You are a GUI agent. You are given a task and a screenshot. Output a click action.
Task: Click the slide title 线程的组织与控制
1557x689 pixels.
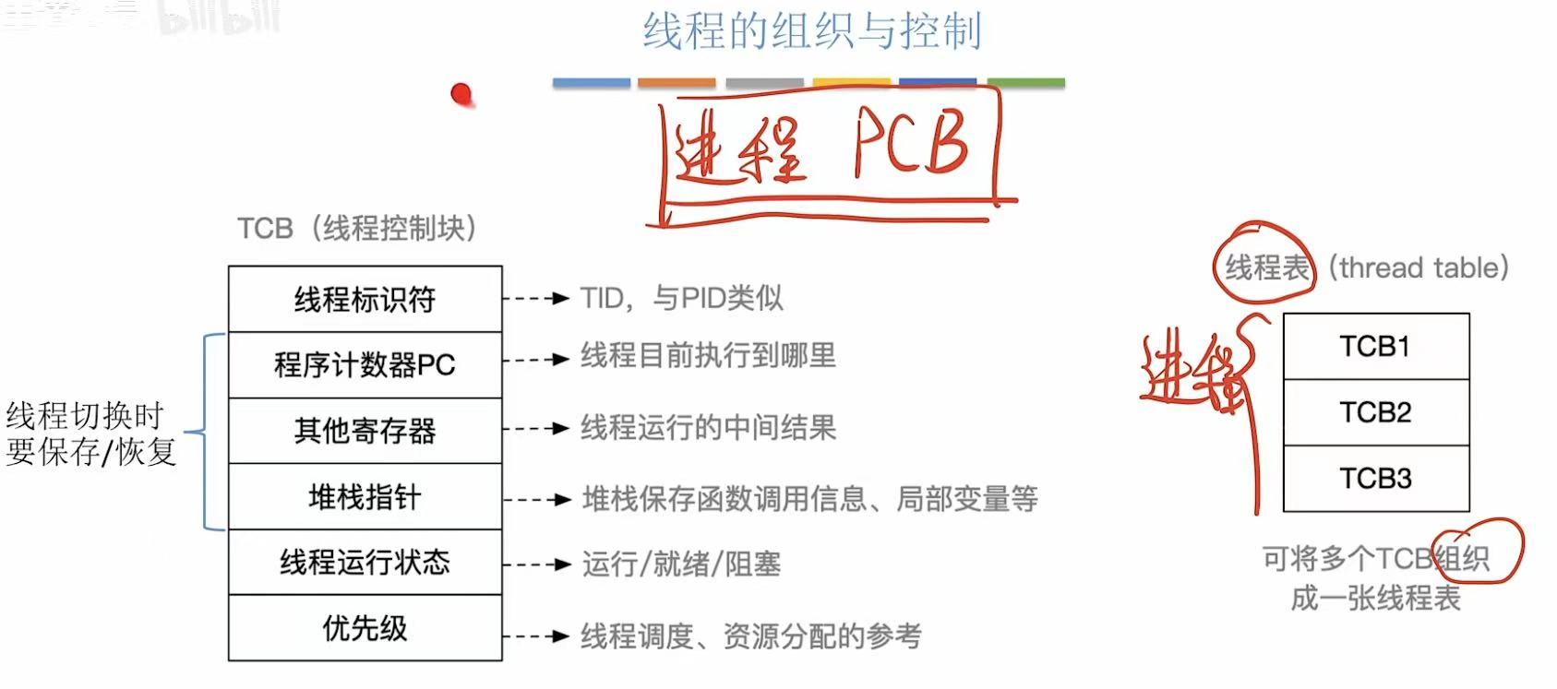[x=811, y=31]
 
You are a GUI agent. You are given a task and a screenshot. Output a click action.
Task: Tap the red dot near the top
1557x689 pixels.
[x=461, y=93]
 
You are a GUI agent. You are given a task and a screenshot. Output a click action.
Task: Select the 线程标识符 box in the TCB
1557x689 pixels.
[x=365, y=299]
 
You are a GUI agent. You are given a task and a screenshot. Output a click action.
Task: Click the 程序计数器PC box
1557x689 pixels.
[x=365, y=365]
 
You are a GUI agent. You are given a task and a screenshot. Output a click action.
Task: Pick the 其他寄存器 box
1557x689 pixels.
[x=365, y=431]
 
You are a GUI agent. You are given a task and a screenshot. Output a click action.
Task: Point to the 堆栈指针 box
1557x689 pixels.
[x=365, y=497]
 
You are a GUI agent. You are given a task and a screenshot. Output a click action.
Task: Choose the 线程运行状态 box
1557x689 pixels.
[x=365, y=563]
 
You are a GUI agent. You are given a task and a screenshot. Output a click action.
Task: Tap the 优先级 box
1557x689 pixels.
[x=365, y=628]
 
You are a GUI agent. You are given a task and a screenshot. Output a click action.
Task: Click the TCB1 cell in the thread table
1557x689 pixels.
[x=1375, y=347]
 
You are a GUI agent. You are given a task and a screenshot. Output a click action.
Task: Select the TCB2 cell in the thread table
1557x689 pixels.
[x=1375, y=412]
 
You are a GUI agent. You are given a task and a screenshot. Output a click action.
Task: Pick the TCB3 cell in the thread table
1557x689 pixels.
[x=1375, y=479]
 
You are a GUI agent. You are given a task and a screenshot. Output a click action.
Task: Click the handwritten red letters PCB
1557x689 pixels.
[x=910, y=144]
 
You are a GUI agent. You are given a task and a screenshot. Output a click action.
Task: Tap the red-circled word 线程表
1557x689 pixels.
[x=1265, y=267]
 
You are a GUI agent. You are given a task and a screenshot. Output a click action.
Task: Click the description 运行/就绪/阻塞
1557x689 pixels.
[x=681, y=564]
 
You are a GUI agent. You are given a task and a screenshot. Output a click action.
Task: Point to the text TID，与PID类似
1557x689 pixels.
[x=681, y=298]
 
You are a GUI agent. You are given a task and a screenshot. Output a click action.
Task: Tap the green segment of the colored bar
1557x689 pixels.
[x=1025, y=83]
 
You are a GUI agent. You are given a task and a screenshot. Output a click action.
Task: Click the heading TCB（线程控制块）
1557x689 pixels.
[x=357, y=228]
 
